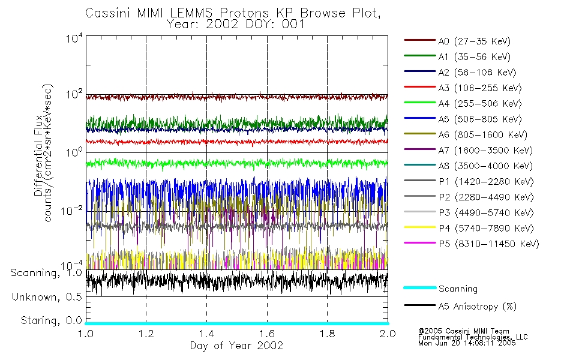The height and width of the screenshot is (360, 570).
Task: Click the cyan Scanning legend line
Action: point(419,288)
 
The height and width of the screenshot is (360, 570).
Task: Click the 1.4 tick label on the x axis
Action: point(206,334)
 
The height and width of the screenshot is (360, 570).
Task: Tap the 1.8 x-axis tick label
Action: point(327,334)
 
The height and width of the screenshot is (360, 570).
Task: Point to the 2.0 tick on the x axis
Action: point(388,334)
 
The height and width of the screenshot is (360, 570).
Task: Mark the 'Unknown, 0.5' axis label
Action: point(47,297)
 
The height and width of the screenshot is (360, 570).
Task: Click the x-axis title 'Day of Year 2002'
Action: point(236,346)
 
